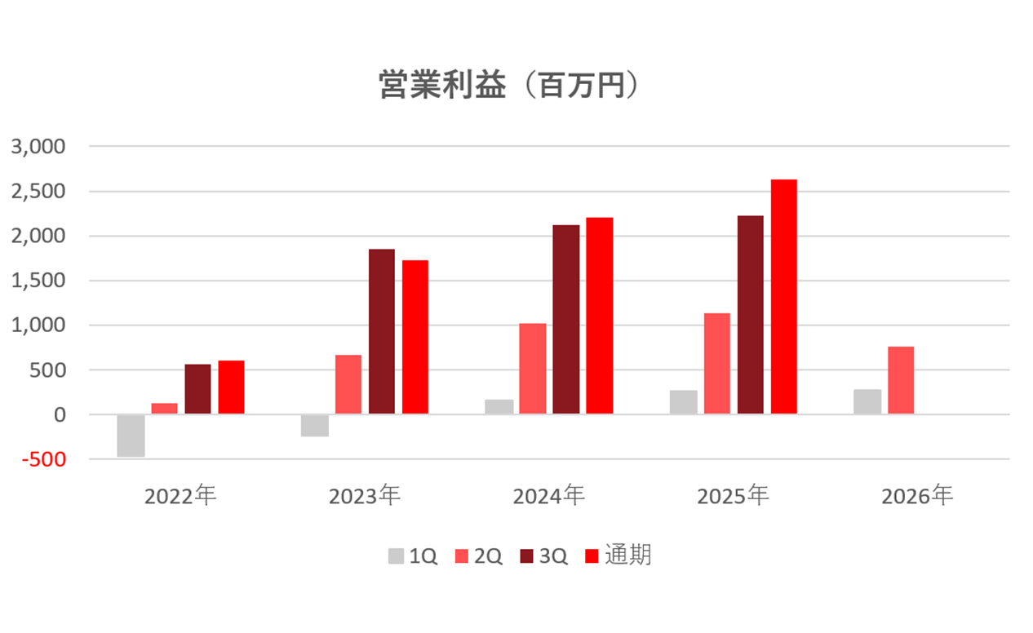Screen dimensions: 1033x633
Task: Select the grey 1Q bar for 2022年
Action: (131, 436)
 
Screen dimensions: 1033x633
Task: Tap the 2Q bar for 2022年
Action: (164, 409)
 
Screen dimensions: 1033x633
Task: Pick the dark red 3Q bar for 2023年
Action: (382, 331)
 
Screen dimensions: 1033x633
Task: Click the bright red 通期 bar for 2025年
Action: (784, 296)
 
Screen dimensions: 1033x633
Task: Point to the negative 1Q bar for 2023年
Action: (315, 425)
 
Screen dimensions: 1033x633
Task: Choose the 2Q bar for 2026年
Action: (901, 380)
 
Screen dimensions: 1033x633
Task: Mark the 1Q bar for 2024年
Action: (499, 406)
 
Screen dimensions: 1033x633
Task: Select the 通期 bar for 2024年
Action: (600, 316)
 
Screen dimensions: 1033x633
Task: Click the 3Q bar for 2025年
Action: (751, 315)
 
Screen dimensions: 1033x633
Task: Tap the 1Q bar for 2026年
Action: (867, 401)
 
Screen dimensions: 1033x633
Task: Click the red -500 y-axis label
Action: (44, 459)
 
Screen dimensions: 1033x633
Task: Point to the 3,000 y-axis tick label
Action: (38, 147)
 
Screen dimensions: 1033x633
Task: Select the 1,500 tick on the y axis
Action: (38, 281)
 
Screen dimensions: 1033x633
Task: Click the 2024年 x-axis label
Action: (549, 496)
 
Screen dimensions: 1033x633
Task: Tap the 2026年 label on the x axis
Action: (917, 496)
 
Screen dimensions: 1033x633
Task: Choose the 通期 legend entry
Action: (618, 556)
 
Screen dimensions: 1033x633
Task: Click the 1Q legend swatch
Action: (396, 556)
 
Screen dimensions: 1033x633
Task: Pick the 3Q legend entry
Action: (544, 556)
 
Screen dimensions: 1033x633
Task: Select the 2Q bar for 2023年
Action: (348, 384)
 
